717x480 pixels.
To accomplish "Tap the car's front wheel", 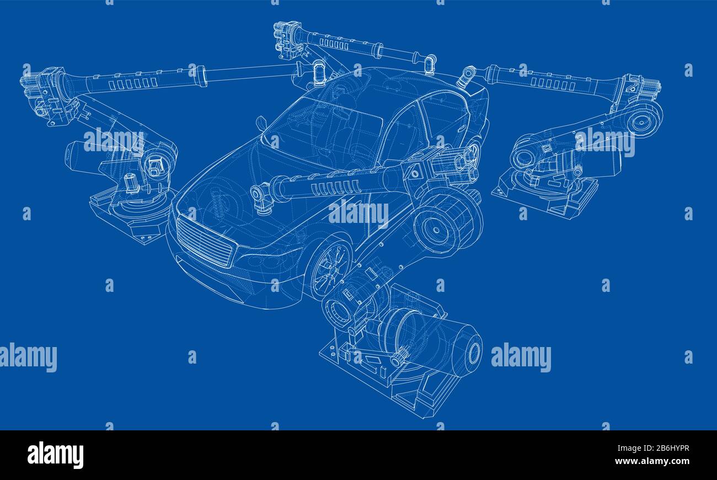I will point(330,269).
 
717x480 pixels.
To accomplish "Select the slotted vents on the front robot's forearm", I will point(336,188).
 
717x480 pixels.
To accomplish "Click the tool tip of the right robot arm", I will point(466,77).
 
